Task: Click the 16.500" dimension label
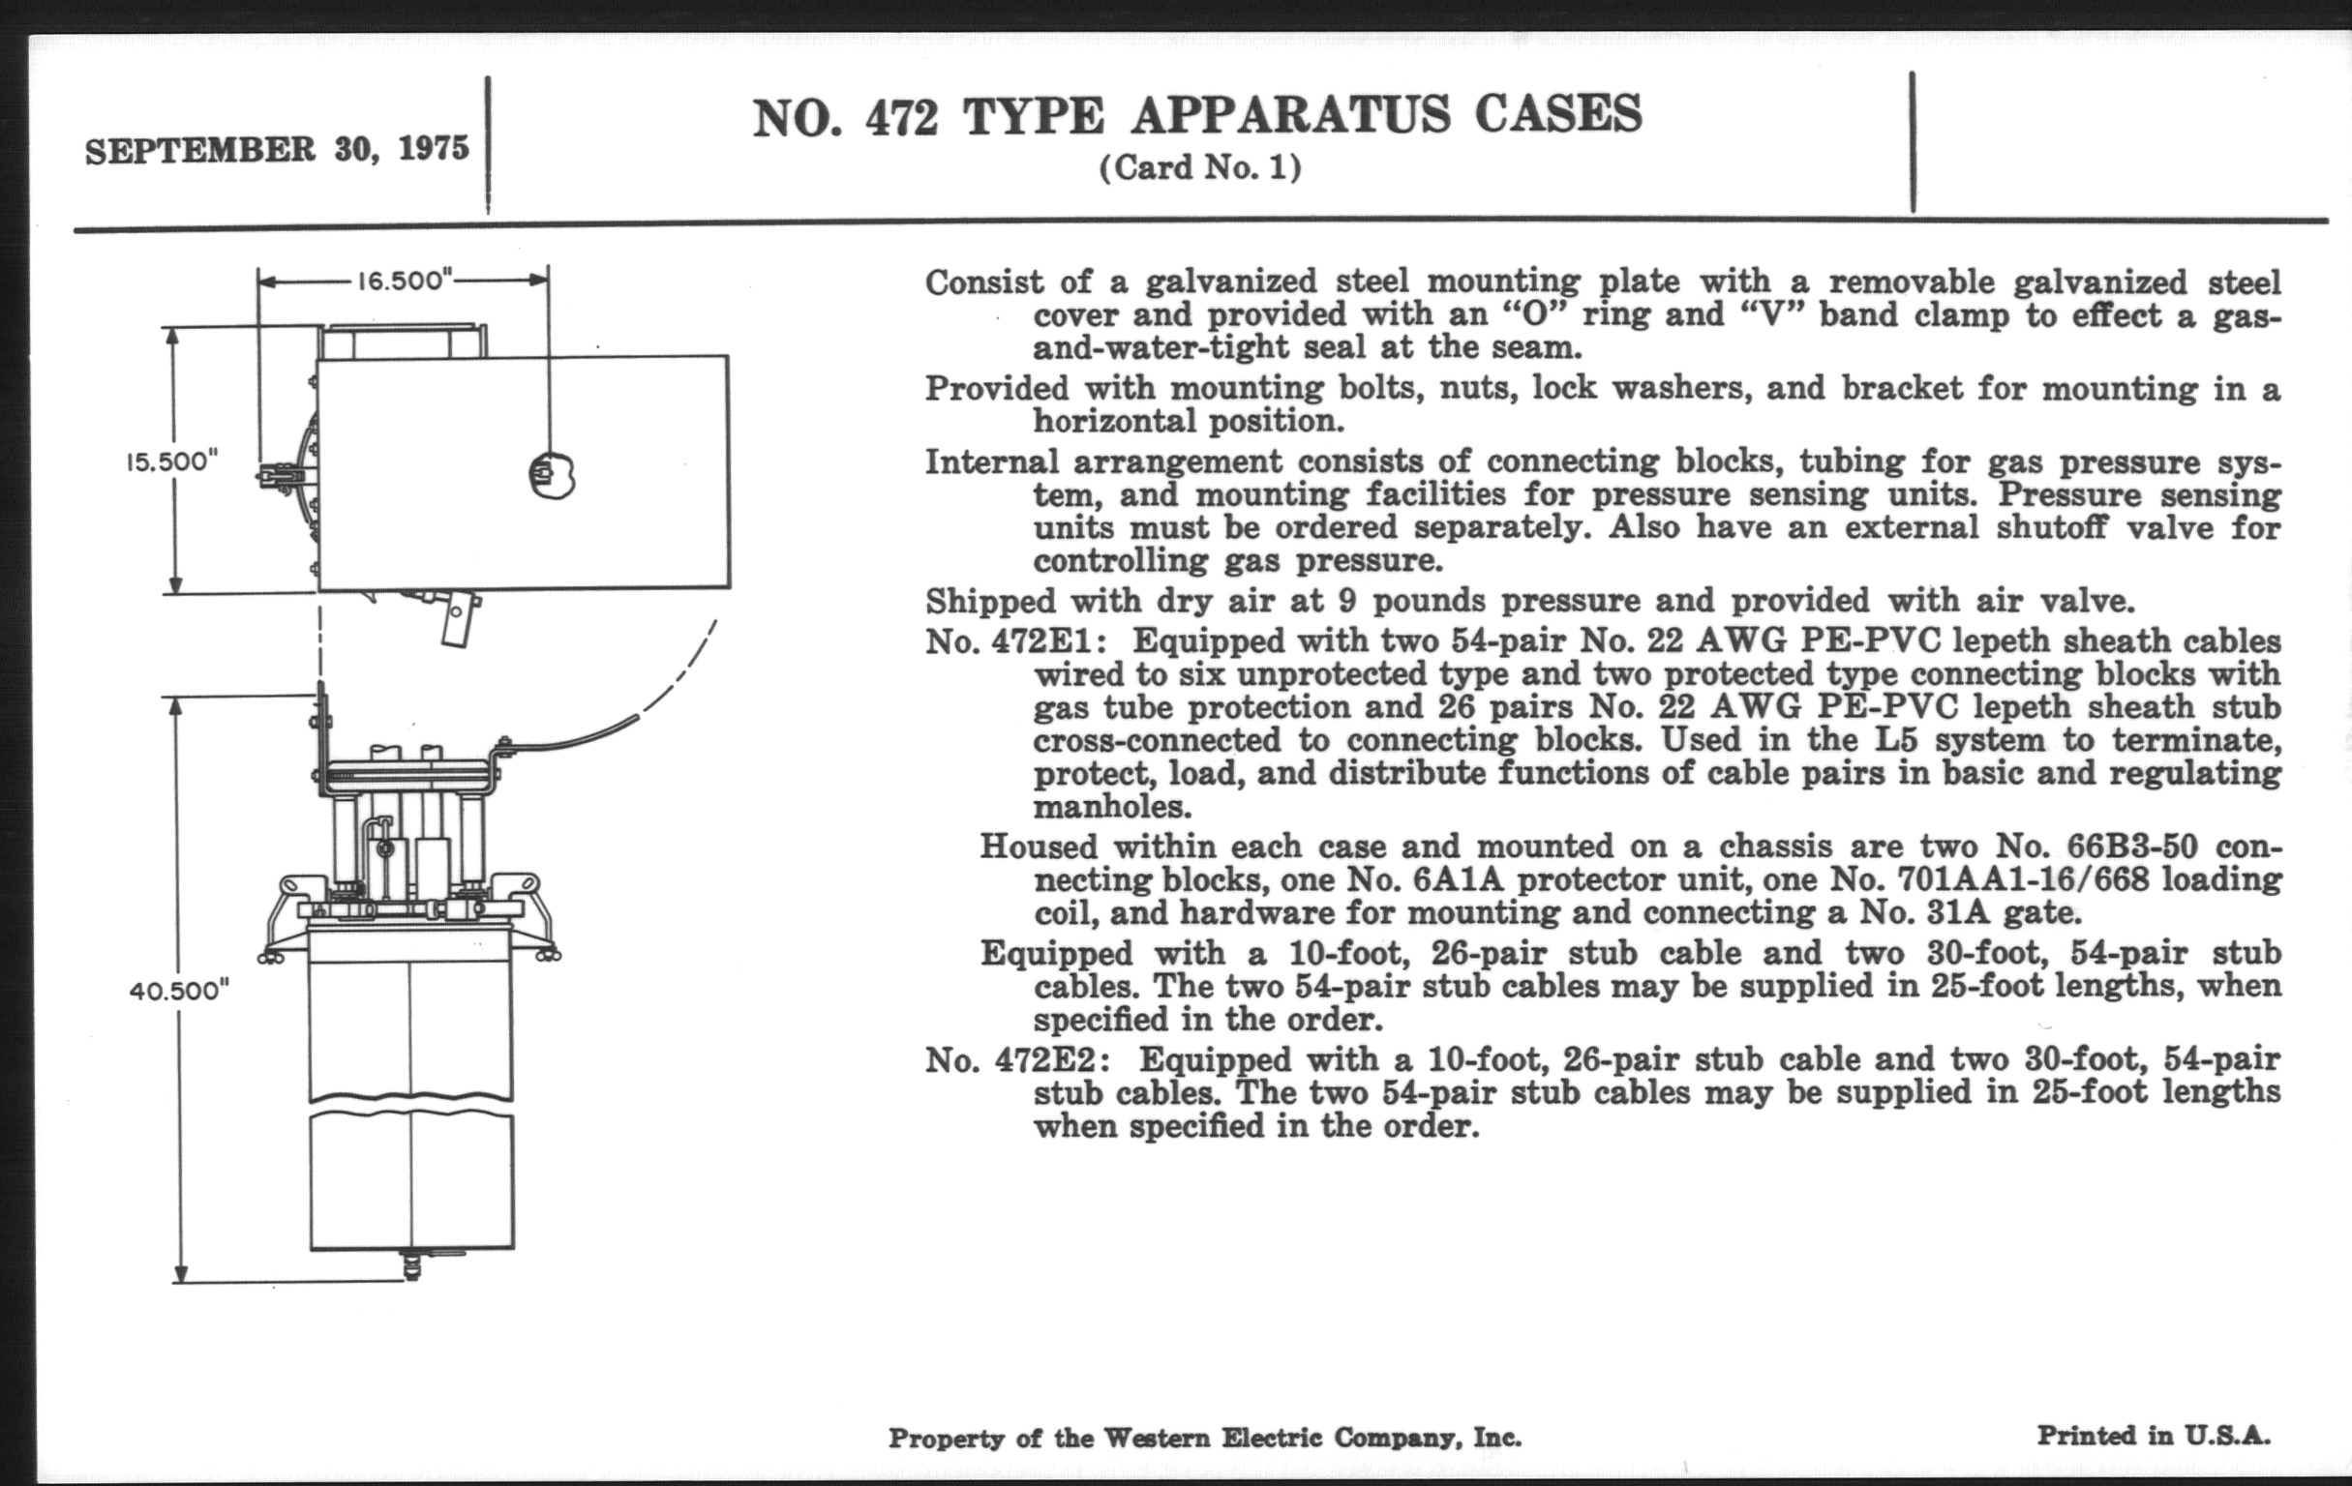coord(403,282)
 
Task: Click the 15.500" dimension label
coord(171,461)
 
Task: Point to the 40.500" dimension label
coord(179,991)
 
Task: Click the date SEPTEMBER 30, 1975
coord(277,149)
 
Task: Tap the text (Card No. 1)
coord(1200,168)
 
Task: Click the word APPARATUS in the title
coord(1290,115)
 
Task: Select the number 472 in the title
coord(900,118)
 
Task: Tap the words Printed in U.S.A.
coord(2153,1436)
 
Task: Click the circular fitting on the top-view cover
coord(552,475)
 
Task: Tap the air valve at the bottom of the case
coord(411,1267)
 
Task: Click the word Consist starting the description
coord(983,282)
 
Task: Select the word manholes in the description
coord(1111,808)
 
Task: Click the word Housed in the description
coord(1040,847)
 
